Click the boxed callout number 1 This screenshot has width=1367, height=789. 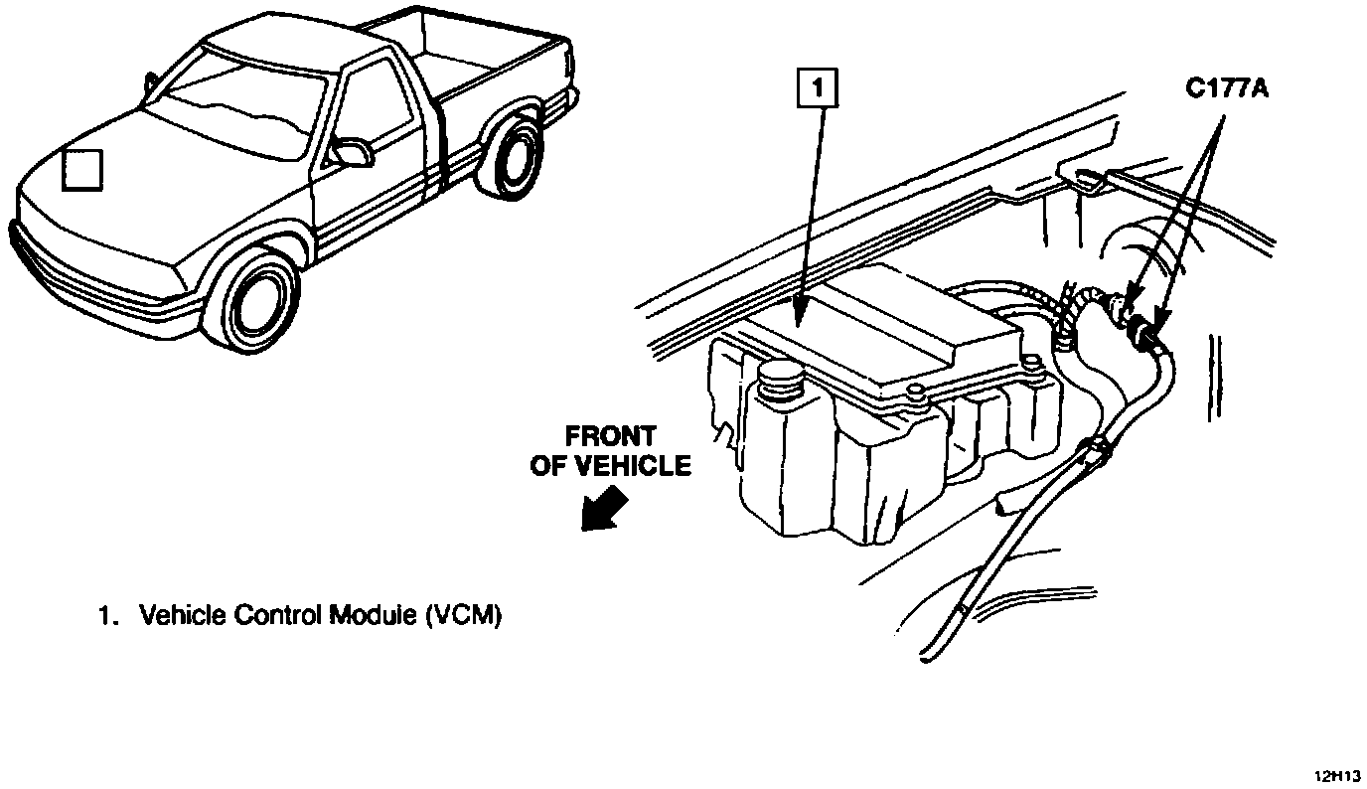click(x=819, y=89)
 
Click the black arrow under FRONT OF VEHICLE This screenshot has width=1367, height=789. click(x=605, y=509)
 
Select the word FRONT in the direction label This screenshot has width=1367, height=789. click(x=611, y=437)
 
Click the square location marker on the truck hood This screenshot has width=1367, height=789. click(x=82, y=168)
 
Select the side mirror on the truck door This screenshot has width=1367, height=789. click(x=351, y=152)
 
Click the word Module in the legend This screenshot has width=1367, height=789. click(x=373, y=616)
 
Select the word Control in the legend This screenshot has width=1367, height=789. click(x=279, y=616)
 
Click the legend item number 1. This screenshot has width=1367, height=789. click(x=103, y=616)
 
